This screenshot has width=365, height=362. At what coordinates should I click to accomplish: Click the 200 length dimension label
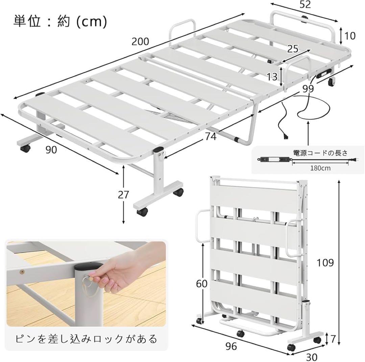click(x=140, y=42)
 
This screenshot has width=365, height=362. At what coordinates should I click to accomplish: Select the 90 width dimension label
click(x=51, y=150)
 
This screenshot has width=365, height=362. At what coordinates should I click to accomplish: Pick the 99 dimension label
click(x=309, y=88)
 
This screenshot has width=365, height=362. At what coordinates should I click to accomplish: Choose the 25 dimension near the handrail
click(x=293, y=49)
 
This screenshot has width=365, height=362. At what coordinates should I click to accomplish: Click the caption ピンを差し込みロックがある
click(x=86, y=338)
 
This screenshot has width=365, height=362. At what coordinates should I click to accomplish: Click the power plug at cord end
click(x=286, y=136)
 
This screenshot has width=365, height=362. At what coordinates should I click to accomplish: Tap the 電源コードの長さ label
click(x=320, y=153)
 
